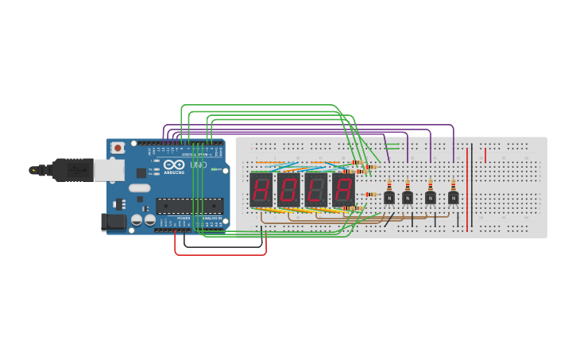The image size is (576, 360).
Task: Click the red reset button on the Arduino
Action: [118, 148]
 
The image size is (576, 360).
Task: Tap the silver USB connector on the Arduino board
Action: [109, 170]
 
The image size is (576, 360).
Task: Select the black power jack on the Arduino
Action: [113, 223]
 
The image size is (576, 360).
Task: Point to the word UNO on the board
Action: [198, 165]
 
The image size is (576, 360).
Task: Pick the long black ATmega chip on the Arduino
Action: [189, 206]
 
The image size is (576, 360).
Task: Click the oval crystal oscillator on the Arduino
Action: [139, 188]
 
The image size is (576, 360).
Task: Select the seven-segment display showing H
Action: [261, 190]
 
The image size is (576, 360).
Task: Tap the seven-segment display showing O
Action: [288, 190]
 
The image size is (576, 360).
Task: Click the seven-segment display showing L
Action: [316, 190]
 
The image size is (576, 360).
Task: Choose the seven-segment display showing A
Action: [343, 190]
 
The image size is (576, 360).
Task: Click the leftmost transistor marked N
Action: [389, 197]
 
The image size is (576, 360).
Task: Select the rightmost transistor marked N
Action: [453, 197]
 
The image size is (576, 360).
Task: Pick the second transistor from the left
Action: [408, 197]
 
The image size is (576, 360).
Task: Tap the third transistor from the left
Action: [431, 197]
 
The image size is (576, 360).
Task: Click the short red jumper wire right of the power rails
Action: [485, 154]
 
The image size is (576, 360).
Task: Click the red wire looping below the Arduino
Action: [220, 254]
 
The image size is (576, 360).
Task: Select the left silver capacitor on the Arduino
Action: [137, 219]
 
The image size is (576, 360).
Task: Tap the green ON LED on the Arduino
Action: [214, 169]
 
